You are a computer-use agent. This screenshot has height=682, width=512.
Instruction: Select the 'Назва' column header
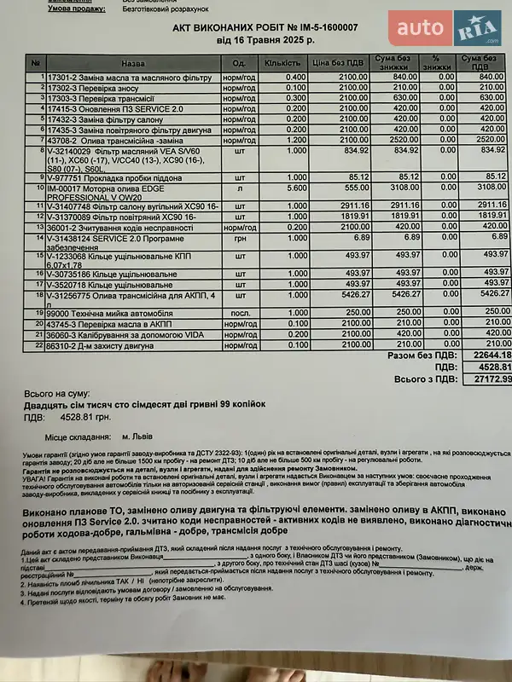pos(133,62)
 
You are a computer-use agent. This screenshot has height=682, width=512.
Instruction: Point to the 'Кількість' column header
pos(282,62)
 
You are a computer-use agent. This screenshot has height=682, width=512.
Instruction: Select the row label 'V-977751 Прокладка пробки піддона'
pos(112,177)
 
